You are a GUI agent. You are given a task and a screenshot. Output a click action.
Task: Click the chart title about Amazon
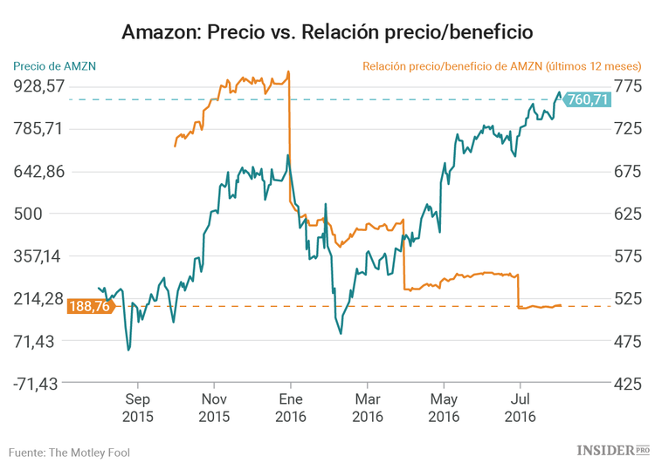[x=327, y=33]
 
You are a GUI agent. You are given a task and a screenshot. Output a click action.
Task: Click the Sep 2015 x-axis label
[x=137, y=408]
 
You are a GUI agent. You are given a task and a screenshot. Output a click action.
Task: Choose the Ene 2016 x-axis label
[x=291, y=408]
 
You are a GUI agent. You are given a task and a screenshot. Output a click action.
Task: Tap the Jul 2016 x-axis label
[x=521, y=408]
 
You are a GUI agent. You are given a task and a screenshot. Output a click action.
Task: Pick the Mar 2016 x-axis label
[x=368, y=408]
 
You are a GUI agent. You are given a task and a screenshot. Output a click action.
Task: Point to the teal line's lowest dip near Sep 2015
[x=128, y=350]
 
